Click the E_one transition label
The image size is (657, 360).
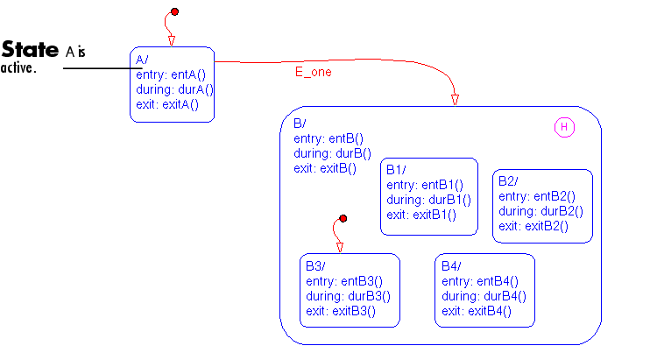click(x=313, y=73)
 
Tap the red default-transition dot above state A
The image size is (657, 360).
click(x=174, y=11)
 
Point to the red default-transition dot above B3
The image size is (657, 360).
click(x=343, y=218)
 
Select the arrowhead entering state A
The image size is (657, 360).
click(x=171, y=39)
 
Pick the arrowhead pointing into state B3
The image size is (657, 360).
click(x=339, y=247)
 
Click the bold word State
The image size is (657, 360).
click(x=30, y=49)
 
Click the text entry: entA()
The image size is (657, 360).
click(x=170, y=74)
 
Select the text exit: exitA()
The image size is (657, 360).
click(x=167, y=104)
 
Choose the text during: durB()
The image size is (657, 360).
click(x=327, y=153)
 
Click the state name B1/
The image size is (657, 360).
click(x=398, y=169)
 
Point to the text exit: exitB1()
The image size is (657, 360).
click(x=421, y=215)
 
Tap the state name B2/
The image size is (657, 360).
click(x=508, y=181)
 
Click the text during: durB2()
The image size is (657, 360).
click(x=540, y=211)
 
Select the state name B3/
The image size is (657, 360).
click(x=316, y=266)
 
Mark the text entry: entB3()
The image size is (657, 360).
click(x=345, y=281)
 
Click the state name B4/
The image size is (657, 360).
click(x=451, y=266)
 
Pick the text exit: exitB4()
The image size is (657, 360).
click(x=477, y=311)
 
